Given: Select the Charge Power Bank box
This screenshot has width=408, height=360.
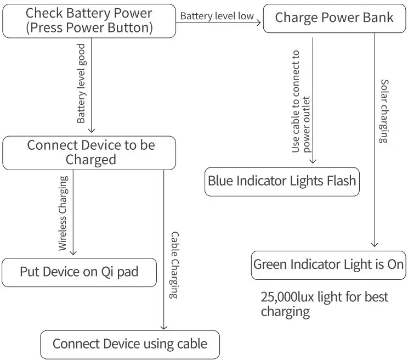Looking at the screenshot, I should coord(334,18).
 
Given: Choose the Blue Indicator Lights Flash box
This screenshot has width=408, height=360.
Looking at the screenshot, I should coord(282,181).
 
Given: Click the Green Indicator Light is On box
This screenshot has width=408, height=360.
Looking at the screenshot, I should coord(328,265).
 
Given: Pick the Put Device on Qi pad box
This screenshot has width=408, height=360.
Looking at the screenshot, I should coord(79,272).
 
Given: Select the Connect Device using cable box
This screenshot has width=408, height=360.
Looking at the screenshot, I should coord(130,344).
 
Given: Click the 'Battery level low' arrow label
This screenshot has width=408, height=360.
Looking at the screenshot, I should coord(217,16).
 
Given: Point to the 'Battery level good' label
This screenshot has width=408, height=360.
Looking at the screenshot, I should coord(81,83).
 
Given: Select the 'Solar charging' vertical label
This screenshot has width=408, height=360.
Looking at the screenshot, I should coord(384,111).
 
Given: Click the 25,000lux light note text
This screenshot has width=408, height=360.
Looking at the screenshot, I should coord(324,305).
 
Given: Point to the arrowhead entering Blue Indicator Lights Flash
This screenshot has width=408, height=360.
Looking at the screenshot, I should coord(313,161).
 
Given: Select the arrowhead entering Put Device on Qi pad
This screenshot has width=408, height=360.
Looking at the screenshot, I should coord(73,253).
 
